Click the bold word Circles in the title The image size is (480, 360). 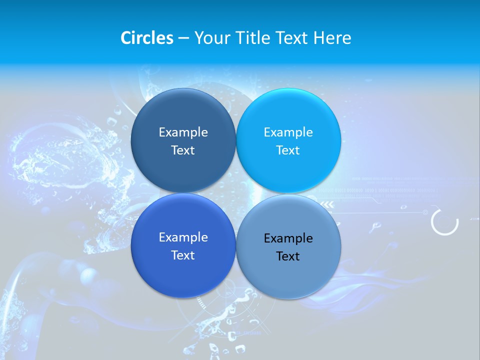point(147,38)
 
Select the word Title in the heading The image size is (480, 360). point(253,38)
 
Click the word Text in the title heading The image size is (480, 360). point(292,38)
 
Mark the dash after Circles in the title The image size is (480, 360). point(183,38)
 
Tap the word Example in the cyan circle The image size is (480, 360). point(288,132)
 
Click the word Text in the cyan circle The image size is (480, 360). point(288,150)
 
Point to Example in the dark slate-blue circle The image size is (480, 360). point(183,132)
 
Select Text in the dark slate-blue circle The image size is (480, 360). point(183,150)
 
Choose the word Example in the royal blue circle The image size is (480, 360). point(183,237)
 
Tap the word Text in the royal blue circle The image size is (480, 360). point(183,255)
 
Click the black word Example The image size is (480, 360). point(288,238)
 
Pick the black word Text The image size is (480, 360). point(288,256)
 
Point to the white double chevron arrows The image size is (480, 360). point(327,204)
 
